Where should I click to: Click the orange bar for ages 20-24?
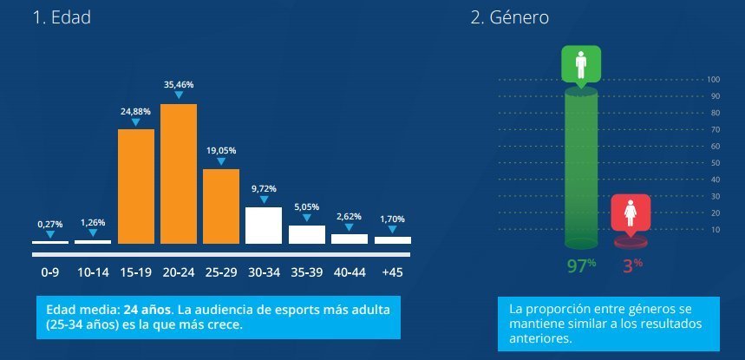(179, 173)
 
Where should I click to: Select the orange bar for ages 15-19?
(136, 186)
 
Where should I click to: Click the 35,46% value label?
(179, 85)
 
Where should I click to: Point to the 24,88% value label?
(136, 111)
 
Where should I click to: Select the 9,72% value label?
(264, 188)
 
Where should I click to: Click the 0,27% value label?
(50, 224)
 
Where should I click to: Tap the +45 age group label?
(392, 272)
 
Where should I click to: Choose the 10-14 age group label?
(93, 272)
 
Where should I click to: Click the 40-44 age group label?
(350, 272)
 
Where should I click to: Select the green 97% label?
(579, 266)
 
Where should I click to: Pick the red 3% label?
(632, 266)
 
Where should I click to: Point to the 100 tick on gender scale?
(714, 80)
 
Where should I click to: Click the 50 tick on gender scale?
(716, 163)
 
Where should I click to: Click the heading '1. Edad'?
(61, 18)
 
